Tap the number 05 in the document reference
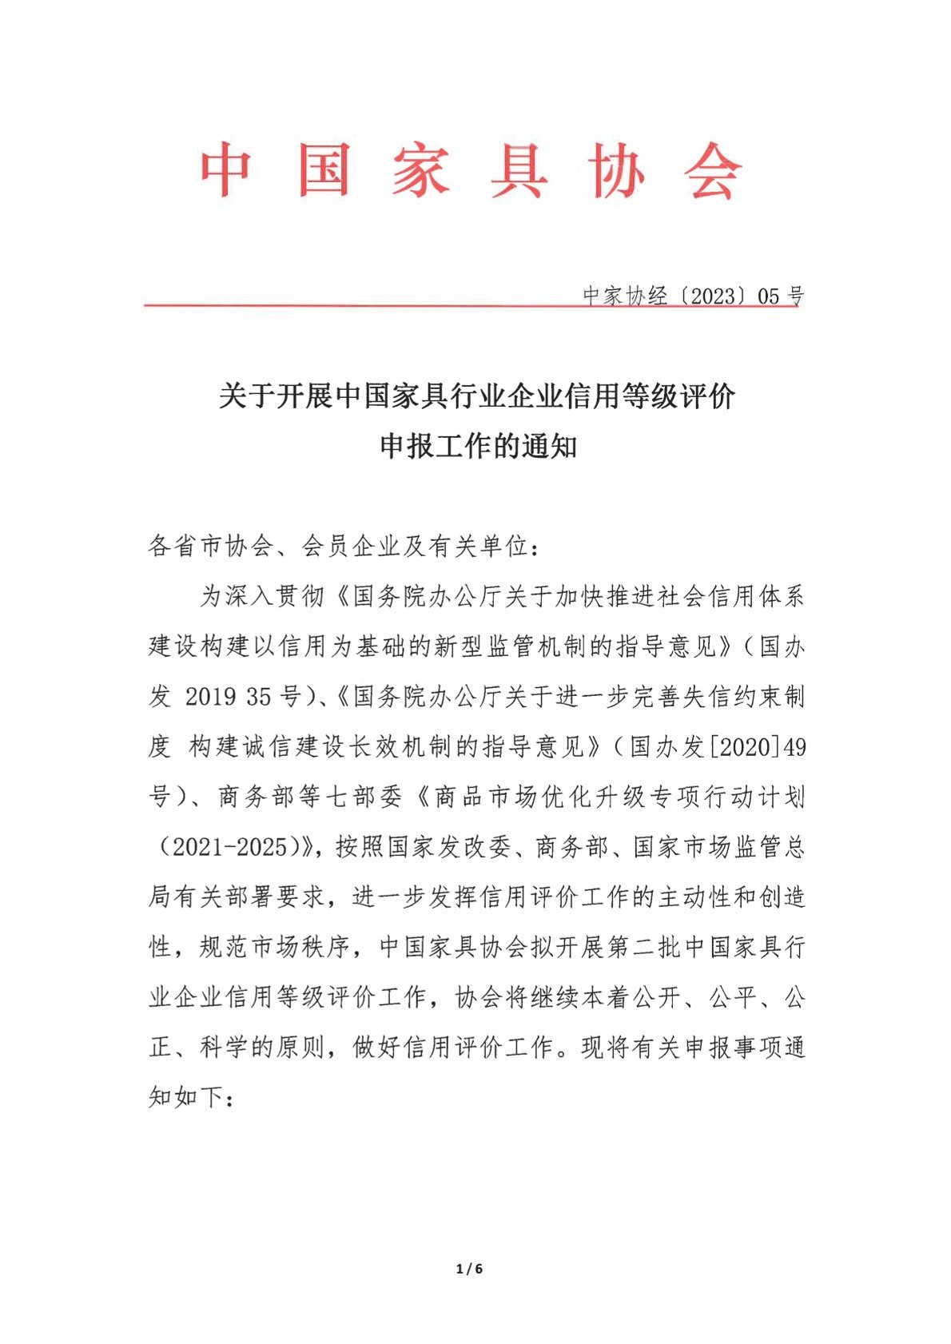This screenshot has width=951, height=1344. click(768, 296)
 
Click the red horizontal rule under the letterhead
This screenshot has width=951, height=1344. click(360, 304)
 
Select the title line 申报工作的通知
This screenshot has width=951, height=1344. click(478, 446)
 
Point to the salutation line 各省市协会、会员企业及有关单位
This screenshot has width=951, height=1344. click(344, 547)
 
